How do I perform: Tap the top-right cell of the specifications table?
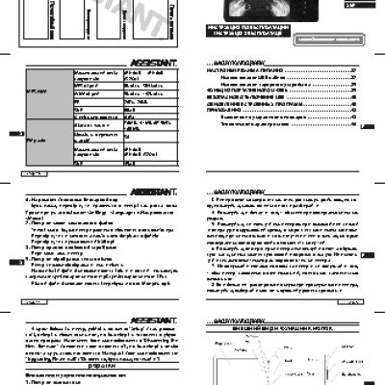pyautogui.click(x=160, y=75)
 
